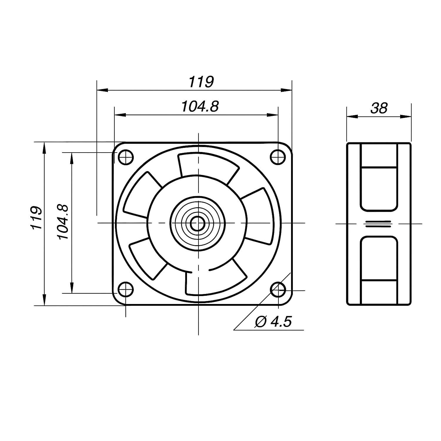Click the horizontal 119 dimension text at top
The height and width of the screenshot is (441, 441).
click(x=201, y=82)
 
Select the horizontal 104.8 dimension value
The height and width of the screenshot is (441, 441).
click(x=200, y=106)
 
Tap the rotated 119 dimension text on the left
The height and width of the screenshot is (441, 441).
click(x=36, y=218)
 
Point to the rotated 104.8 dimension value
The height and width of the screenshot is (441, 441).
click(x=63, y=222)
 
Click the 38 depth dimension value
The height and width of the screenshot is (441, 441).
click(x=379, y=108)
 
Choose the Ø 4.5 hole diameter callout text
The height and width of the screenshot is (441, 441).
click(x=273, y=322)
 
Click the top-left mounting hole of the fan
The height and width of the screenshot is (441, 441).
click(x=126, y=157)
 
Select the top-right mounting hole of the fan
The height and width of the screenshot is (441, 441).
click(x=278, y=157)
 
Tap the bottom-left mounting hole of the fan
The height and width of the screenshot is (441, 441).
click(x=126, y=290)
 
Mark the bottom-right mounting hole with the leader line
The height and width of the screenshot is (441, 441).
click(x=278, y=290)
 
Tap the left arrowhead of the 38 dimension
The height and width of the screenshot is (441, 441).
click(x=352, y=117)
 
